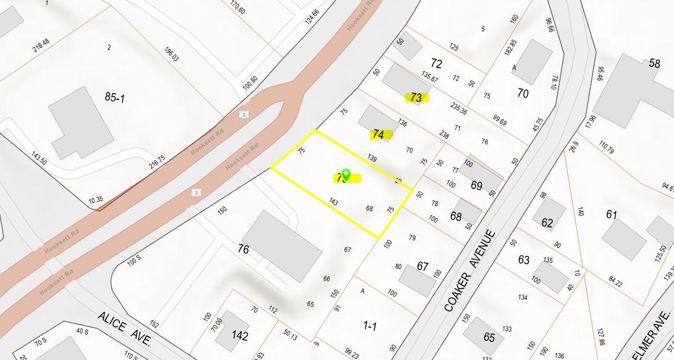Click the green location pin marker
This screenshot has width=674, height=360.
tap(346, 174)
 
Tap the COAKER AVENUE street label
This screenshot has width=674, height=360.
tap(470, 271)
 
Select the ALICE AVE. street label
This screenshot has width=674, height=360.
tap(124, 330)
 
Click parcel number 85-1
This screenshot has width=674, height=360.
tap(114, 97)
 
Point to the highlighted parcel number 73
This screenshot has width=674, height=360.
tap(416, 98)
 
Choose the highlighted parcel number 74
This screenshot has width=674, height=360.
tap(379, 134)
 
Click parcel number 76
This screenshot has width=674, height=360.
tap(243, 249)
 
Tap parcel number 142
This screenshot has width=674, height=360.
tap(240, 336)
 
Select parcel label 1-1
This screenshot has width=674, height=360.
tap(370, 325)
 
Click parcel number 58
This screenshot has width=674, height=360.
tap(654, 63)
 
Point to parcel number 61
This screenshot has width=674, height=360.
tap(612, 214)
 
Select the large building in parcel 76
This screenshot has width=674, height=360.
tap(282, 246)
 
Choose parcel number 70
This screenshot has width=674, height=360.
tap(523, 93)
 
